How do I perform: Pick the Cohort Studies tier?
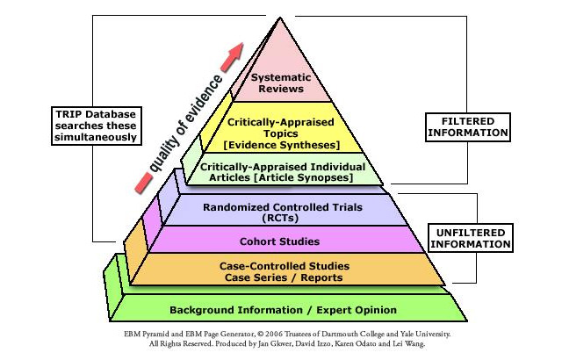pyautogui.click(x=280, y=240)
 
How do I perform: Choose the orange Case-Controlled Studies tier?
pyautogui.click(x=284, y=270)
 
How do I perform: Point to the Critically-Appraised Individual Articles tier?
pyautogui.click(x=277, y=171)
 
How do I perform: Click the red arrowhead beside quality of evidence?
pyautogui.click(x=234, y=52)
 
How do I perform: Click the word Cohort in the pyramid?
pyautogui.click(x=259, y=241)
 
